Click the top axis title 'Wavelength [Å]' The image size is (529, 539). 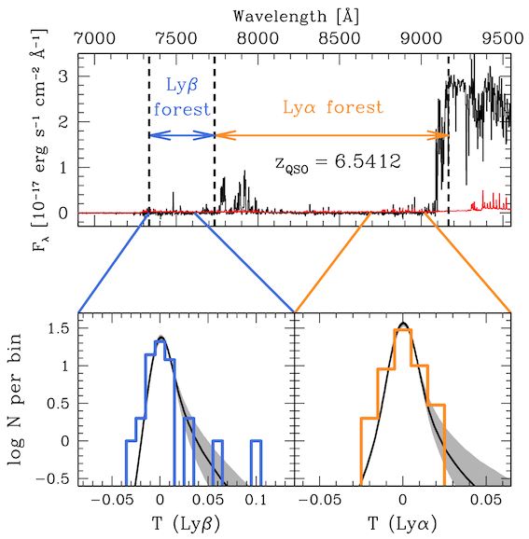(x=296, y=16)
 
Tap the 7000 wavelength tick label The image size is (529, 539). (x=95, y=38)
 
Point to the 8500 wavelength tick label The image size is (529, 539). (x=340, y=38)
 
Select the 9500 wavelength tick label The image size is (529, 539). (x=503, y=38)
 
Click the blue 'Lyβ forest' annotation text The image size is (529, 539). (x=182, y=97)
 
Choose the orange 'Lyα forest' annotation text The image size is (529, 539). (x=332, y=107)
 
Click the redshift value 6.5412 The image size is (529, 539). (x=368, y=161)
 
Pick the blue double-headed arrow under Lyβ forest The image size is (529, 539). (x=182, y=135)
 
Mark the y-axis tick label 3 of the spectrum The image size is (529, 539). (x=63, y=76)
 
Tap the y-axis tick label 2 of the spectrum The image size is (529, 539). (x=63, y=121)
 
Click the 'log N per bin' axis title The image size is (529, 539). (x=14, y=398)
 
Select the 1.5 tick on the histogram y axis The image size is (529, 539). (x=57, y=328)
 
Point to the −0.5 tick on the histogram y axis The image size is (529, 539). (x=52, y=478)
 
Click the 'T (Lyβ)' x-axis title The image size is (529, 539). (x=186, y=524)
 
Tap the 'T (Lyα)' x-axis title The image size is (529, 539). (x=403, y=524)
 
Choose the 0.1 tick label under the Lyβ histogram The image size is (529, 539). (x=256, y=500)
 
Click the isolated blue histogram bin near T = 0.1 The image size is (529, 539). (x=257, y=463)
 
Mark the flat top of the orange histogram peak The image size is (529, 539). (x=403, y=330)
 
